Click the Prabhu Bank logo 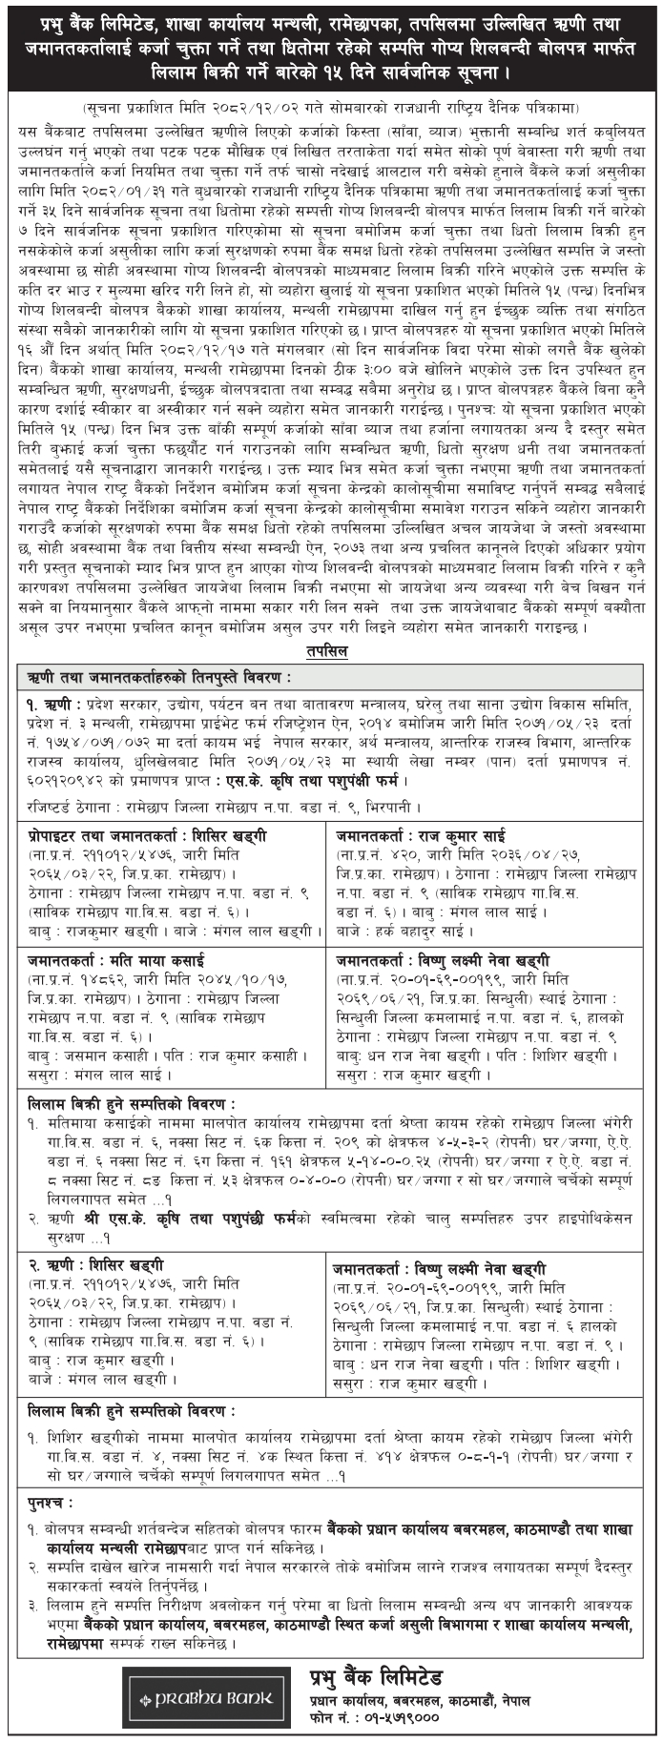pyautogui.click(x=206, y=1698)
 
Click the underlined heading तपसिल pyautogui.click(x=330, y=651)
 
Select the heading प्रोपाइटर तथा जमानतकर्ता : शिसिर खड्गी pyautogui.click(x=147, y=836)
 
